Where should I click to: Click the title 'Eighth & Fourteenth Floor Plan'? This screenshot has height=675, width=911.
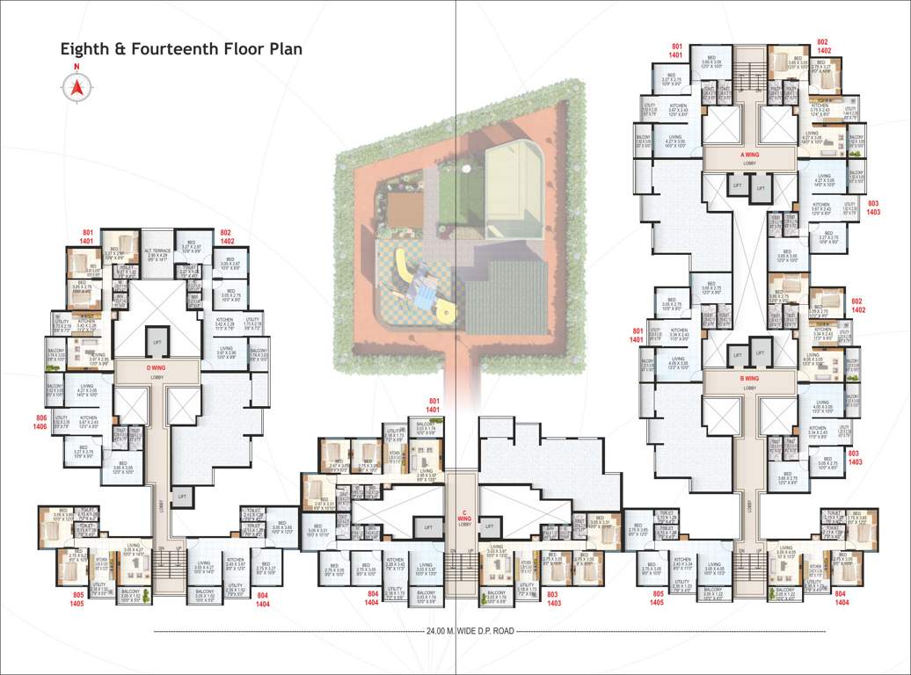pyautogui.click(x=180, y=49)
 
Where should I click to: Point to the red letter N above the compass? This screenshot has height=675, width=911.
pyautogui.click(x=77, y=68)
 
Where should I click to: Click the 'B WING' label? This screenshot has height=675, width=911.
pyautogui.click(x=749, y=378)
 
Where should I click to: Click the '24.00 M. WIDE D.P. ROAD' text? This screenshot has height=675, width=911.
pyautogui.click(x=470, y=631)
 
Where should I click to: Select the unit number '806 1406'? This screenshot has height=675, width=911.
pyautogui.click(x=40, y=422)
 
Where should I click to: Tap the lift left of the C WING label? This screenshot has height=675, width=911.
pyautogui.click(x=428, y=527)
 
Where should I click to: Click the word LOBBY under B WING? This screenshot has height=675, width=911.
pyautogui.click(x=749, y=388)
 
